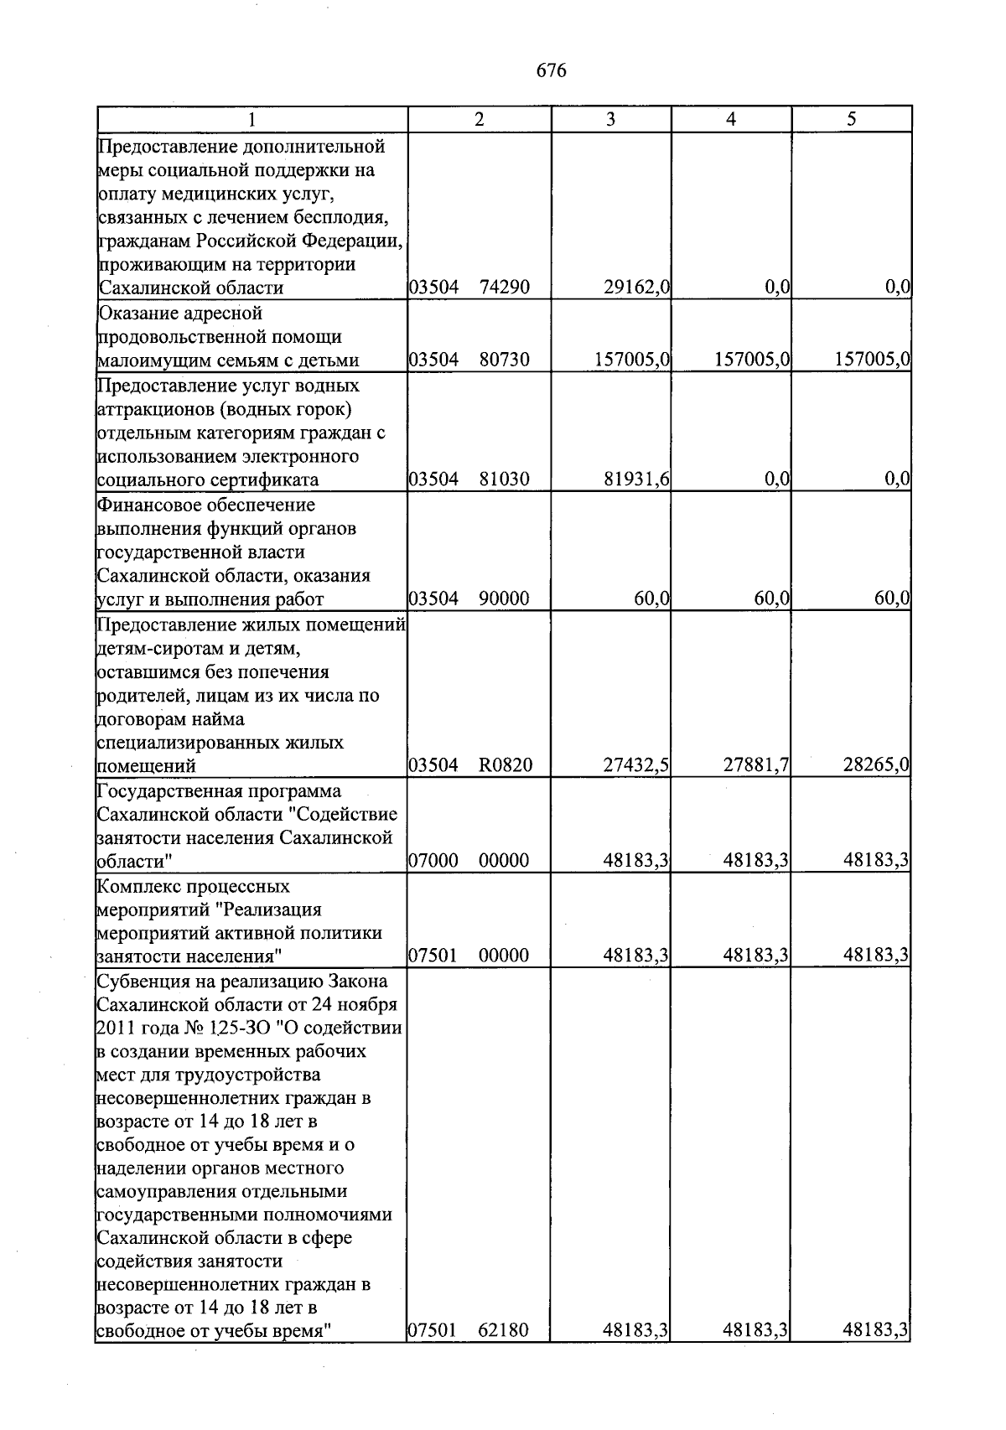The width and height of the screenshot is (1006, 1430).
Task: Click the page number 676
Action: pyautogui.click(x=551, y=70)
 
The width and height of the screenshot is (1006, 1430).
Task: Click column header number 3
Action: pyautogui.click(x=610, y=119)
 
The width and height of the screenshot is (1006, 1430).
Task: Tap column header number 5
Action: pyautogui.click(x=851, y=119)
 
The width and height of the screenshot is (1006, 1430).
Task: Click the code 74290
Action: pyautogui.click(x=504, y=288)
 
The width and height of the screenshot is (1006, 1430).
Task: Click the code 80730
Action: pyautogui.click(x=504, y=360)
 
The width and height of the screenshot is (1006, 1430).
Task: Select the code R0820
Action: pyautogui.click(x=506, y=765)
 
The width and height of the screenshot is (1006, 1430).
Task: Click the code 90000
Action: pyautogui.click(x=504, y=598)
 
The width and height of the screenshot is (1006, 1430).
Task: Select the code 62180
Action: pyautogui.click(x=504, y=1330)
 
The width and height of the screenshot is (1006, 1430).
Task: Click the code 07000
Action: pyautogui.click(x=433, y=861)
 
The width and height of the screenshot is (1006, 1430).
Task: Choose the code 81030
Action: pyautogui.click(x=504, y=479)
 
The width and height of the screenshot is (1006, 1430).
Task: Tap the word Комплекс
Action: pyautogui.click(x=134, y=887)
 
